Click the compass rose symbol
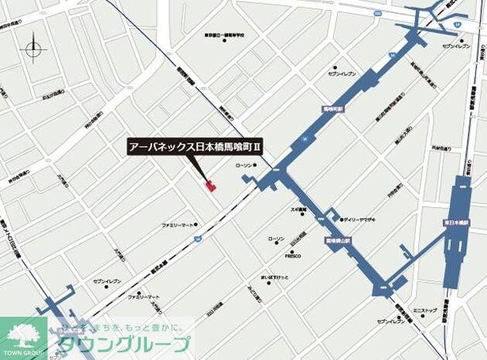coord(34,49)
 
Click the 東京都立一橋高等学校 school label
coord(225,36)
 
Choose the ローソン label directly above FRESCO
coord(276,239)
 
